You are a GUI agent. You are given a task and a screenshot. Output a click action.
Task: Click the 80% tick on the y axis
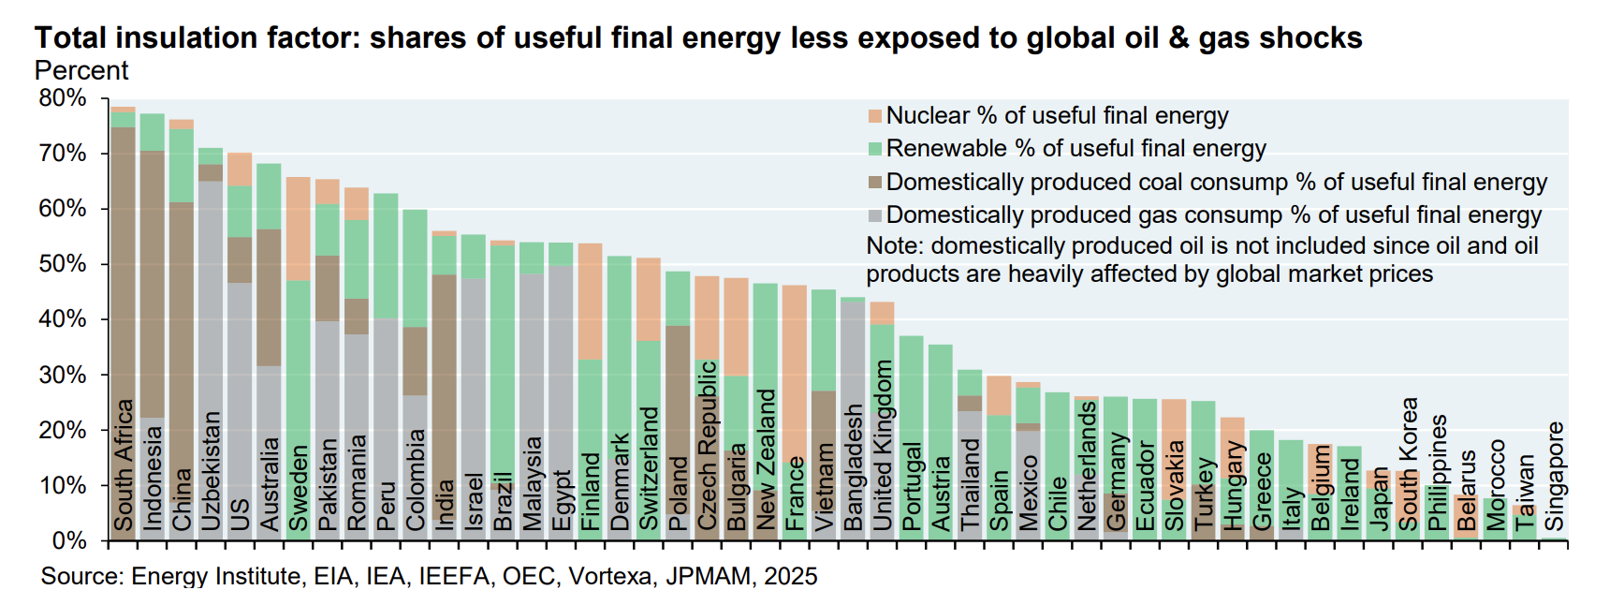coord(62,98)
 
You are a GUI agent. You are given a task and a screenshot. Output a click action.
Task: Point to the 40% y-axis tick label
coord(62,319)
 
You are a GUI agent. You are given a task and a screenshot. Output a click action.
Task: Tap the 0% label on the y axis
coord(68,541)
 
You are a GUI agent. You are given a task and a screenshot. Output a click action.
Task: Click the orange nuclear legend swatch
coord(875,116)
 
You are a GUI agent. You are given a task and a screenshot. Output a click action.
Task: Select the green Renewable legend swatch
coord(875,149)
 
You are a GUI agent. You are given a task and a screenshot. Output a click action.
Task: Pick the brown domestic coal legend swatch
coord(875,183)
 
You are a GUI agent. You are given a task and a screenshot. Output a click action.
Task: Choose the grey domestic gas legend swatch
coord(875,215)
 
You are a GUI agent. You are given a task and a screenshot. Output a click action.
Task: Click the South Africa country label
coord(124,465)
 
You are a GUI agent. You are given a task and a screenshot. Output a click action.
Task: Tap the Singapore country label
coord(1555,477)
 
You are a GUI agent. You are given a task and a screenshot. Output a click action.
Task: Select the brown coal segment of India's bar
coord(444,375)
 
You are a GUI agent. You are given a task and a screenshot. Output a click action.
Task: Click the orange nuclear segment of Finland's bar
coord(590,301)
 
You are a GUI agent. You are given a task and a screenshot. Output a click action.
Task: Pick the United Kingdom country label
coord(882,446)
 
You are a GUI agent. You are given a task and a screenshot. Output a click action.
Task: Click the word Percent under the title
coord(81,71)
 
